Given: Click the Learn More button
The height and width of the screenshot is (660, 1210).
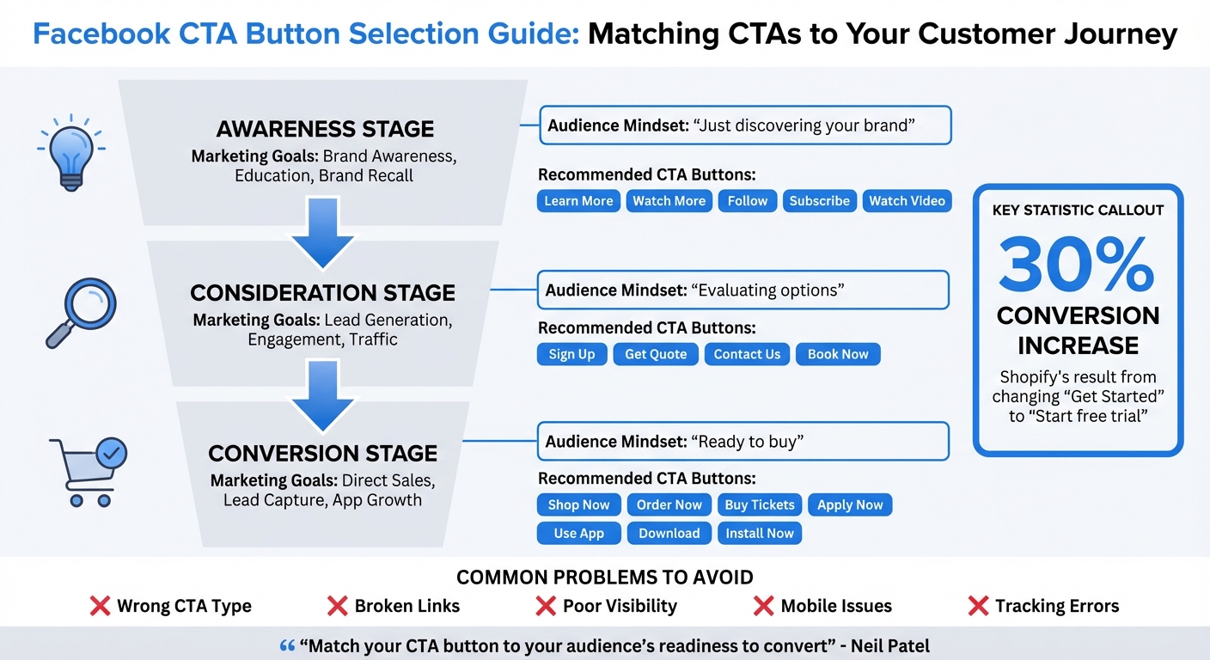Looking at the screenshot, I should click(578, 201).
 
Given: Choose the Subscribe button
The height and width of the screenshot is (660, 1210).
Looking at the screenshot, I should click(819, 201).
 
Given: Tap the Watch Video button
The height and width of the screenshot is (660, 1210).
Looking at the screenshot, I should click(907, 201).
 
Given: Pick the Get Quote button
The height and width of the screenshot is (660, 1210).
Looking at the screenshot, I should click(656, 354).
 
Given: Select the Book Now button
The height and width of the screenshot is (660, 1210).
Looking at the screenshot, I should click(838, 354).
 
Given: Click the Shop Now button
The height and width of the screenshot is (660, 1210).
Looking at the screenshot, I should click(578, 504).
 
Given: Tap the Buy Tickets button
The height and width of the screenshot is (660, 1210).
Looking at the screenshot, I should click(760, 504).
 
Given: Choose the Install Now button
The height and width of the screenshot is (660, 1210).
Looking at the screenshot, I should click(760, 533).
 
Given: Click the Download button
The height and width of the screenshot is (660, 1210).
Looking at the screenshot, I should click(669, 533).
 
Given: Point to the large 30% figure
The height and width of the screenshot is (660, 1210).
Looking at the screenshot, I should click(1077, 266).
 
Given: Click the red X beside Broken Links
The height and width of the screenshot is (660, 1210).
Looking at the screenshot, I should click(337, 606).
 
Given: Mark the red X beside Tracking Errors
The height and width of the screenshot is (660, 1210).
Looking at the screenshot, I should click(977, 606).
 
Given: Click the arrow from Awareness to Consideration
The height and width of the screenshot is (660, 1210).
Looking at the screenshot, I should click(322, 233).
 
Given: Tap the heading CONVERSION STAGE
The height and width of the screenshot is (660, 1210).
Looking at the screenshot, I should click(323, 453).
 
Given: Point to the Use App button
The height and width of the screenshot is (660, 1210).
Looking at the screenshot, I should click(578, 533).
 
